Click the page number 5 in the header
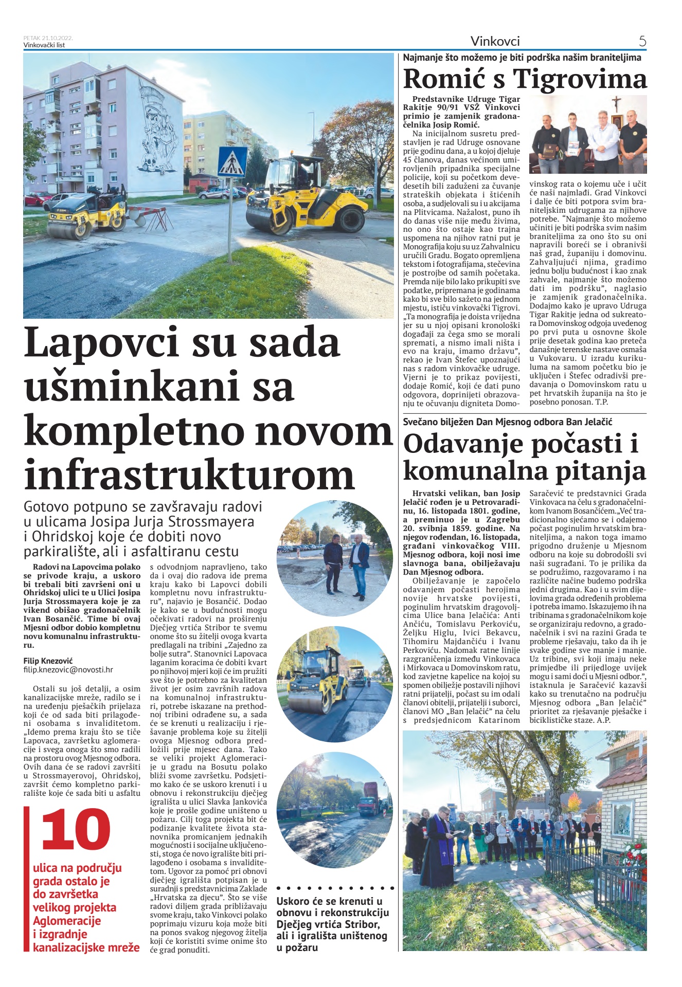click(x=642, y=41)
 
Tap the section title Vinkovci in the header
click(x=495, y=41)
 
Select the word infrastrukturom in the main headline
click(x=189, y=474)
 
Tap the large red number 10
click(x=76, y=829)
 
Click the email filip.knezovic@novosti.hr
click(x=68, y=670)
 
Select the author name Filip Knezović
click(x=48, y=661)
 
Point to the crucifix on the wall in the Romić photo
click(x=616, y=104)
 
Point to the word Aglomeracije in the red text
click(x=67, y=921)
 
